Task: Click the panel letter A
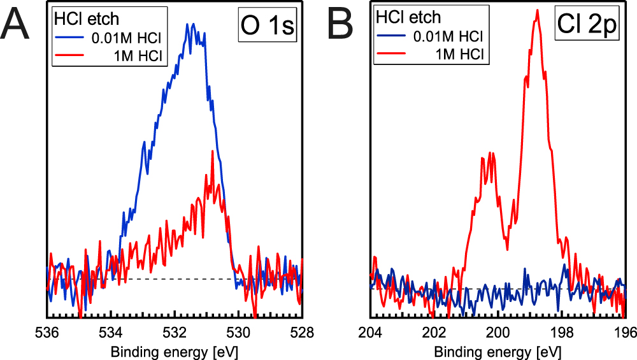[x=17, y=26]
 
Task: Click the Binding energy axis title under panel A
[x=175, y=351]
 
